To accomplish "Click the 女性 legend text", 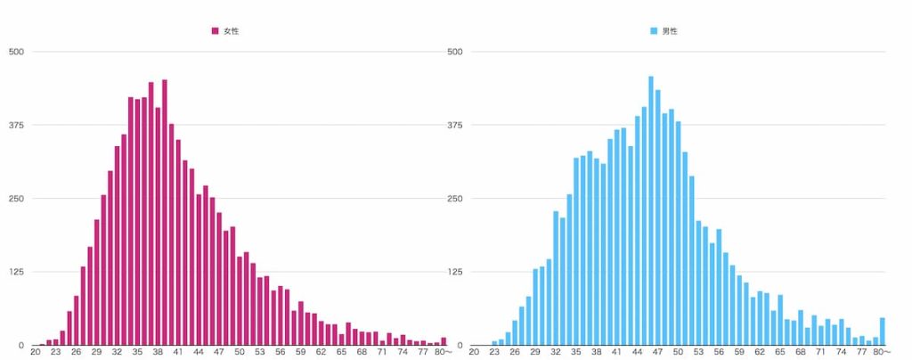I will (x=231, y=31).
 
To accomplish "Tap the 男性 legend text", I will (x=670, y=31).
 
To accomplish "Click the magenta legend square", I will (x=215, y=31).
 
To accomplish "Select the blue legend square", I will (x=654, y=31).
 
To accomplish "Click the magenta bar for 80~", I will (x=444, y=341).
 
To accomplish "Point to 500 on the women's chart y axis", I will (x=16, y=52).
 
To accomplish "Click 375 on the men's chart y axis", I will (x=455, y=125).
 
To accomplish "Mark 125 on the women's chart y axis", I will (x=16, y=272).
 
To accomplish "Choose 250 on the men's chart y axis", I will (x=455, y=199).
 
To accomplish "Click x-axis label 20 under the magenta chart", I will (x=36, y=353).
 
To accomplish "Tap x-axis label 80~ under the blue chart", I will (x=883, y=353).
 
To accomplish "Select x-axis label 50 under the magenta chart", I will (x=240, y=353).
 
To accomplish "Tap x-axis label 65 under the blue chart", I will (x=780, y=353).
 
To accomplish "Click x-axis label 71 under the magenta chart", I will (x=382, y=353).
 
